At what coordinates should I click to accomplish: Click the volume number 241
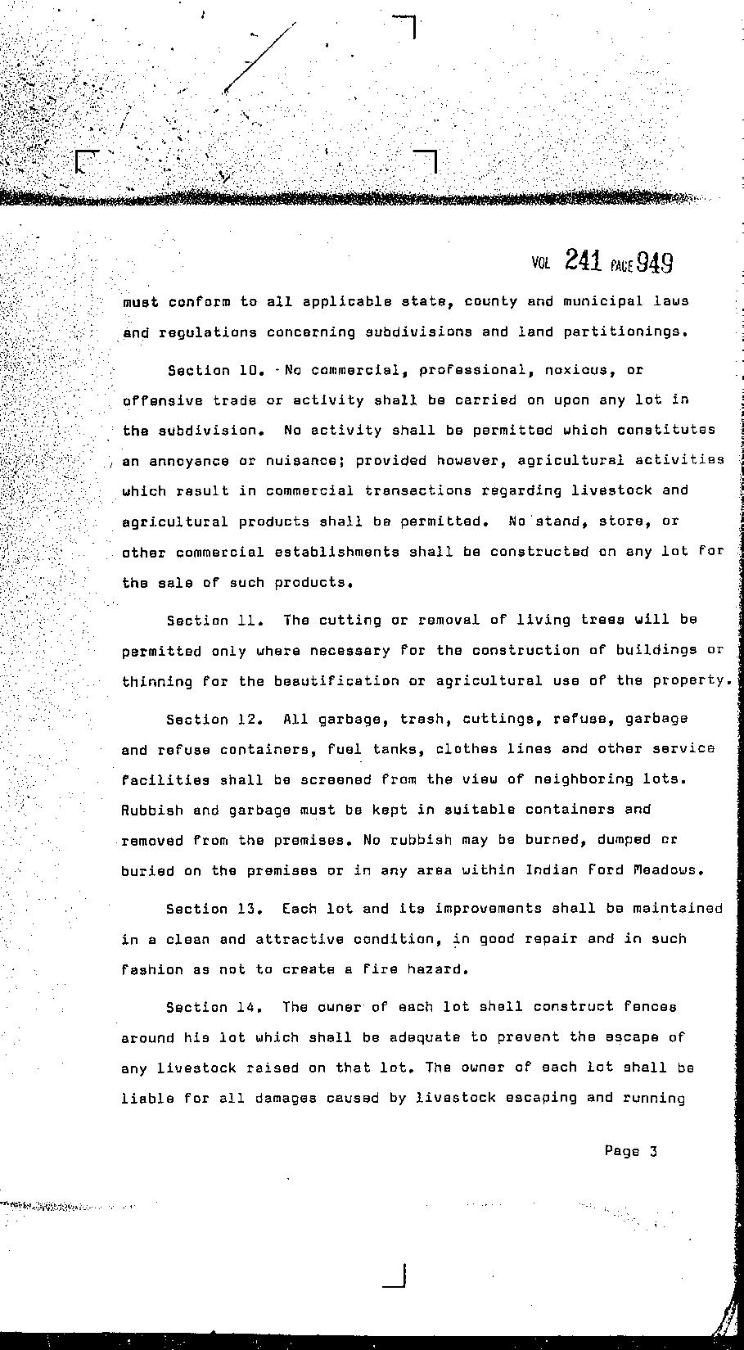[583, 261]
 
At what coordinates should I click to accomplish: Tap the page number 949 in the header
[655, 262]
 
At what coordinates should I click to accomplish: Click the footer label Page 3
[630, 1151]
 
